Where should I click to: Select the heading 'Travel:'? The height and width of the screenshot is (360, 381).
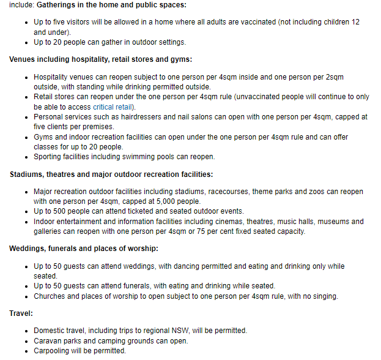click(x=21, y=313)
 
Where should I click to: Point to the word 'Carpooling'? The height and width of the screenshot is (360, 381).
click(x=53, y=351)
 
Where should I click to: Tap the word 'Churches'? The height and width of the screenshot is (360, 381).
click(x=51, y=296)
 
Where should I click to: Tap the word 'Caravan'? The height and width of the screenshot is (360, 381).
click(x=48, y=341)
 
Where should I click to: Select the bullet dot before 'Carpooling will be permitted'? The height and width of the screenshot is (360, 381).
click(x=27, y=351)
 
